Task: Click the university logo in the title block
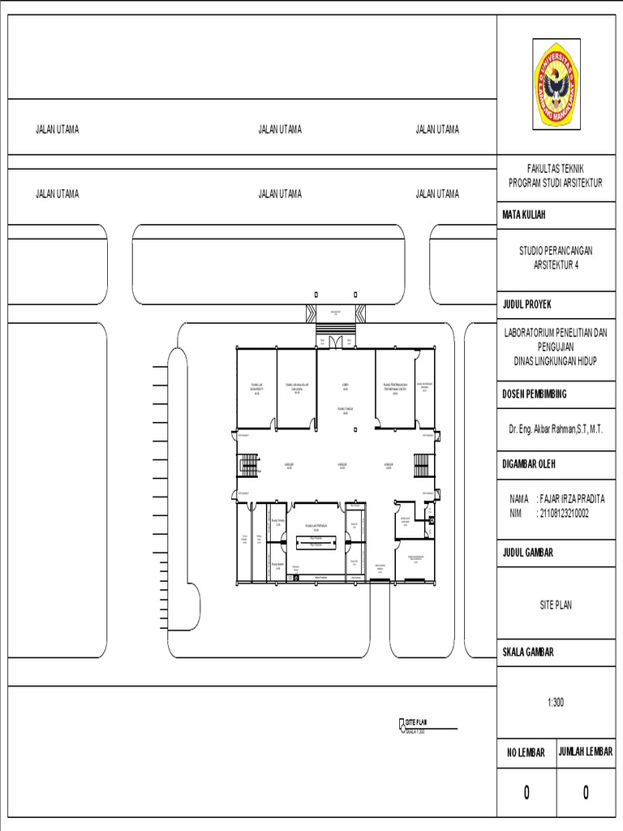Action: click(556, 84)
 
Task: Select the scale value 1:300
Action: click(556, 703)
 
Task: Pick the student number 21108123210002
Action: click(562, 513)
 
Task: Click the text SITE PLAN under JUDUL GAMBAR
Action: click(556, 605)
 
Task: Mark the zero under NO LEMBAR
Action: click(526, 793)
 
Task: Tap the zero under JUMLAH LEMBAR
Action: click(586, 793)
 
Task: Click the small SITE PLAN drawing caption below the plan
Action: click(415, 721)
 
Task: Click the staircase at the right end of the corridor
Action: click(420, 466)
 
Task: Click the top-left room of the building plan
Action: click(256, 387)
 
